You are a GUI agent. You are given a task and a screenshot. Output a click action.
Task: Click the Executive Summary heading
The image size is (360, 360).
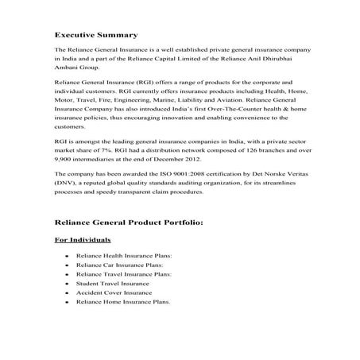tap(95, 35)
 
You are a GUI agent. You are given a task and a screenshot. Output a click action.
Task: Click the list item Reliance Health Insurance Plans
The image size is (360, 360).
tap(124, 256)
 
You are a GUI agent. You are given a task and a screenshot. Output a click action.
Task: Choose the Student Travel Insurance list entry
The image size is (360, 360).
tap(112, 283)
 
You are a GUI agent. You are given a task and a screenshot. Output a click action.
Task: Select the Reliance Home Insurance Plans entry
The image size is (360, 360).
tap(122, 301)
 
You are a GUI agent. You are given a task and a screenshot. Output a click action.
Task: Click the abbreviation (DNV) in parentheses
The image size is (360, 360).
tap(64, 182)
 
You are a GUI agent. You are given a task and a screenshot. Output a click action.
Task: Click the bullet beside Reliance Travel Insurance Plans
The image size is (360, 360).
tap(68, 274)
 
